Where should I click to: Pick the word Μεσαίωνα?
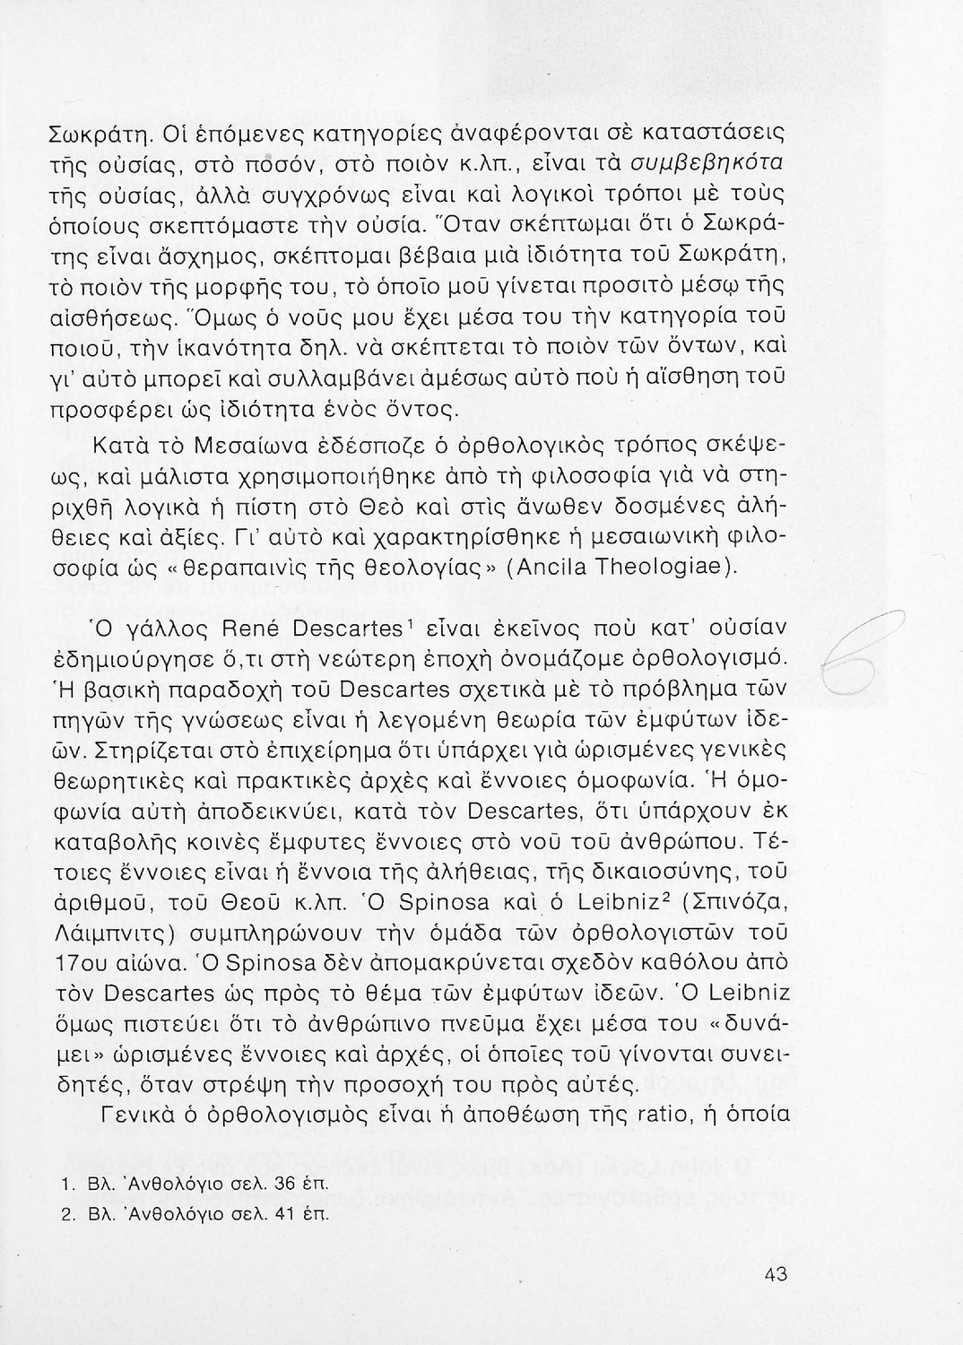click(234, 447)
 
